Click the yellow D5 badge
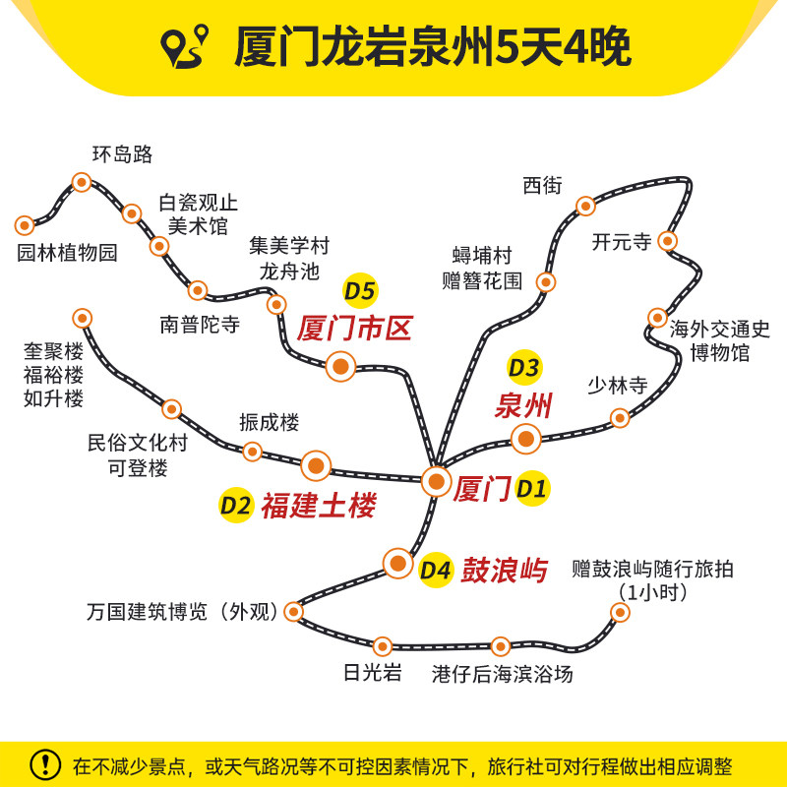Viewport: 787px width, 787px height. [360, 291]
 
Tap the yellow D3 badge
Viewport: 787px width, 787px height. [524, 367]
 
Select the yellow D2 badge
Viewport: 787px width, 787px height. [236, 506]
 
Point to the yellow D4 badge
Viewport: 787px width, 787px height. [436, 571]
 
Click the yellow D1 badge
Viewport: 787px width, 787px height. [532, 488]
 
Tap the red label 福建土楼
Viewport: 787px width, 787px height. [319, 506]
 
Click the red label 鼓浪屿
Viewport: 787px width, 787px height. [504, 571]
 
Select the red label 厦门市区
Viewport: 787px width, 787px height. [354, 329]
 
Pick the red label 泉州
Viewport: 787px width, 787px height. [523, 405]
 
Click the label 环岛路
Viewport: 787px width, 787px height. [122, 154]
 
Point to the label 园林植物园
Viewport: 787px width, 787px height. [67, 253]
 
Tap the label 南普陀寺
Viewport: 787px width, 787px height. [200, 325]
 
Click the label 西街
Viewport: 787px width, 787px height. [542, 186]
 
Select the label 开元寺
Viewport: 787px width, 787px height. [622, 242]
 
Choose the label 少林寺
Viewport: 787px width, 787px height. [618, 386]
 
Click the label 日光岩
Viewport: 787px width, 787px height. [373, 673]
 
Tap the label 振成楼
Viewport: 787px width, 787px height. [269, 422]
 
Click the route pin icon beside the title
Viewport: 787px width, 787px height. [184, 46]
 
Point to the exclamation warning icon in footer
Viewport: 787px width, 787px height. [45, 765]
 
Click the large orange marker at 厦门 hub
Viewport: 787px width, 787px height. [436, 481]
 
